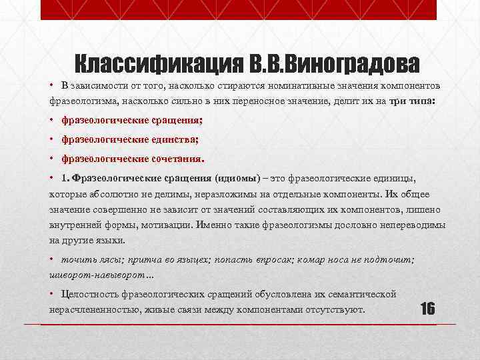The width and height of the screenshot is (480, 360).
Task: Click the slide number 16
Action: point(427,309)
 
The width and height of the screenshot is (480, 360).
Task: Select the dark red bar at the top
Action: point(239,9)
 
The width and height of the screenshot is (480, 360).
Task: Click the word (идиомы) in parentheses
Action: point(238,179)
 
